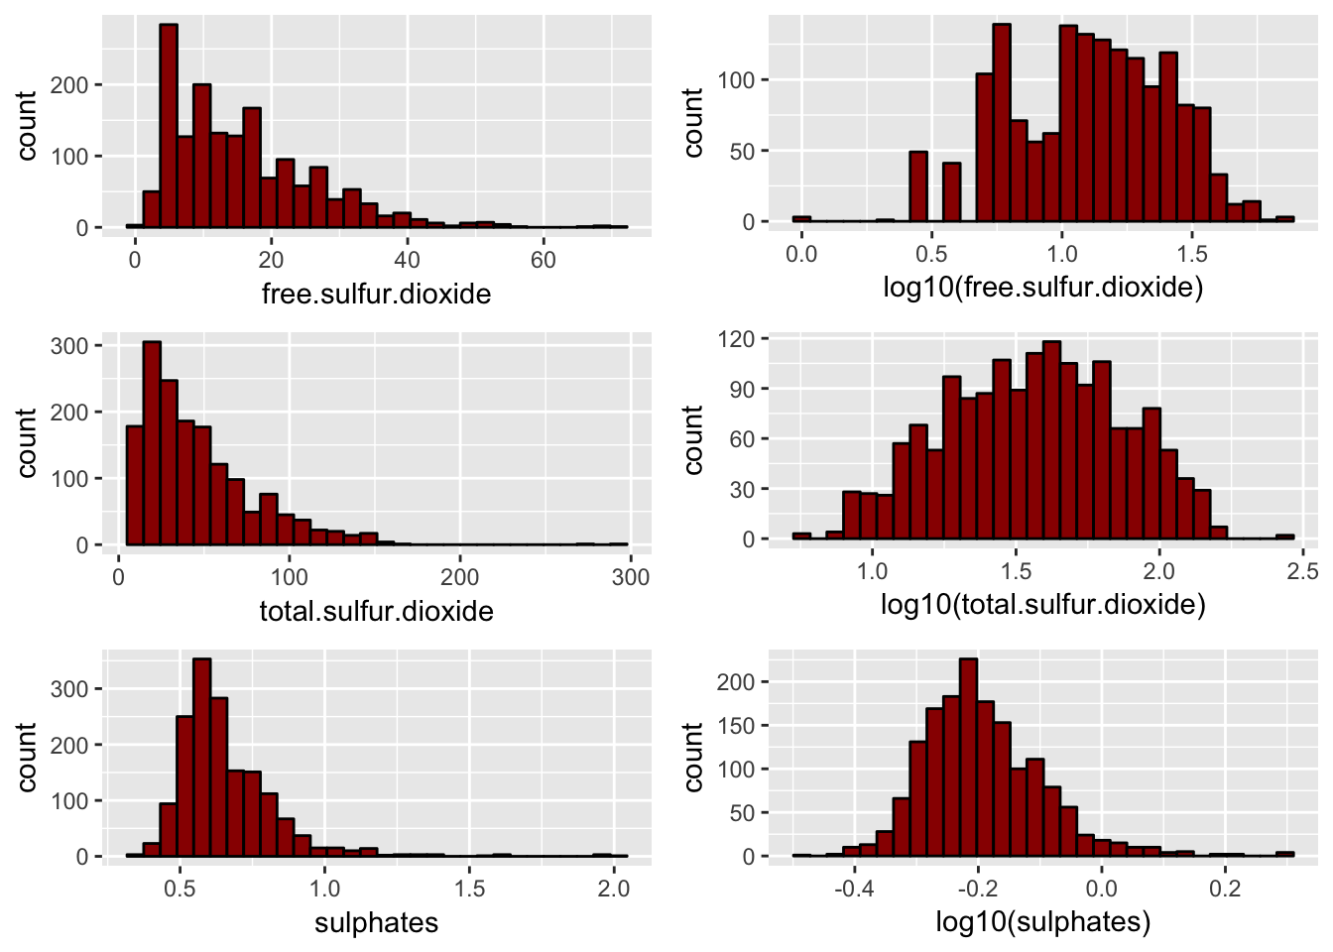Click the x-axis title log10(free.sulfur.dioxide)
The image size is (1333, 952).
point(1042,288)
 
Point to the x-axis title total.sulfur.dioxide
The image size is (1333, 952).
point(376,611)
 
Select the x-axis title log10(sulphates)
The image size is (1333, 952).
point(1042,922)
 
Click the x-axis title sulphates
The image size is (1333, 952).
point(376,922)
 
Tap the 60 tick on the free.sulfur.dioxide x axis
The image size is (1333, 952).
point(543,260)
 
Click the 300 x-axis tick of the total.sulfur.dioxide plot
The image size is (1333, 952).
point(631,577)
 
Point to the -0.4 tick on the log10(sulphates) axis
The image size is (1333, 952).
point(853,889)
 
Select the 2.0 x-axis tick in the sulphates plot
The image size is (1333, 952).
point(614,889)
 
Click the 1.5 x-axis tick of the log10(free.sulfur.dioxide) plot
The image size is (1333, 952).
point(1192,254)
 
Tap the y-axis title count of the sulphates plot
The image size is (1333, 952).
point(27,757)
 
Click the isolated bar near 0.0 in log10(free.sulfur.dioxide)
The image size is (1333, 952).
point(801,218)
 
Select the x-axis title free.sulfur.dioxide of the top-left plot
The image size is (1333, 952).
point(376,294)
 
